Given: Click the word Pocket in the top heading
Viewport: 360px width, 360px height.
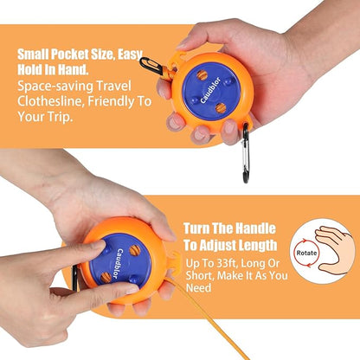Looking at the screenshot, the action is [70, 55].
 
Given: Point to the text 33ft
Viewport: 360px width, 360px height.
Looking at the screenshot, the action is [226, 263].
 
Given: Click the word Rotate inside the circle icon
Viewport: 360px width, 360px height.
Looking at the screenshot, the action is [306, 253].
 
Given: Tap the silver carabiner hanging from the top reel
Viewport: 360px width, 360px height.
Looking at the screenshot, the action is [246, 153].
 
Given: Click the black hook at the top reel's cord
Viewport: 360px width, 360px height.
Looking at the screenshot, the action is [151, 66].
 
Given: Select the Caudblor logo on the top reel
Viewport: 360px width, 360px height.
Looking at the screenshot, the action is [210, 90].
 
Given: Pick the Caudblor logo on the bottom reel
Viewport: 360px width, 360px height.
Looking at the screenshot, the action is [117, 264].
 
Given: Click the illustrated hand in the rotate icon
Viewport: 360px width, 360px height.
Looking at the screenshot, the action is [335, 250].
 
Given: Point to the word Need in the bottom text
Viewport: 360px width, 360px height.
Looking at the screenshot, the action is [198, 287].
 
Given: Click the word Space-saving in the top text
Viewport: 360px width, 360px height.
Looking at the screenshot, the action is [54, 87].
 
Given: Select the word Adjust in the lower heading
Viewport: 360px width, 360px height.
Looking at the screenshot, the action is [209, 246].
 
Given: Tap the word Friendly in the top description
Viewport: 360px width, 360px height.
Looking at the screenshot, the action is [112, 101].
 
